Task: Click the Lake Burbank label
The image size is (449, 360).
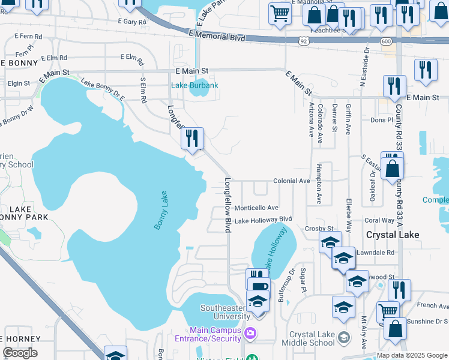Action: click(194, 85)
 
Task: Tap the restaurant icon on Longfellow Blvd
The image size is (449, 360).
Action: click(193, 139)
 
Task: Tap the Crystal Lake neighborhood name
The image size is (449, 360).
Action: click(392, 235)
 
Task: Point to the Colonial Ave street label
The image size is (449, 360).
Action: click(291, 181)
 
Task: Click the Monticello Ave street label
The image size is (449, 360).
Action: click(256, 208)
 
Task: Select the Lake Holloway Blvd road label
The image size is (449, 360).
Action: click(263, 220)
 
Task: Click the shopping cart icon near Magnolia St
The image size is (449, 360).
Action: click(280, 13)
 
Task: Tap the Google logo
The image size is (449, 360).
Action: click(20, 353)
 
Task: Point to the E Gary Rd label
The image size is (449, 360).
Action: click(133, 22)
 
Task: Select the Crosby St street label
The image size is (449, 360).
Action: click(319, 229)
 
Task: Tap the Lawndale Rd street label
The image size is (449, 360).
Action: click(375, 253)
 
